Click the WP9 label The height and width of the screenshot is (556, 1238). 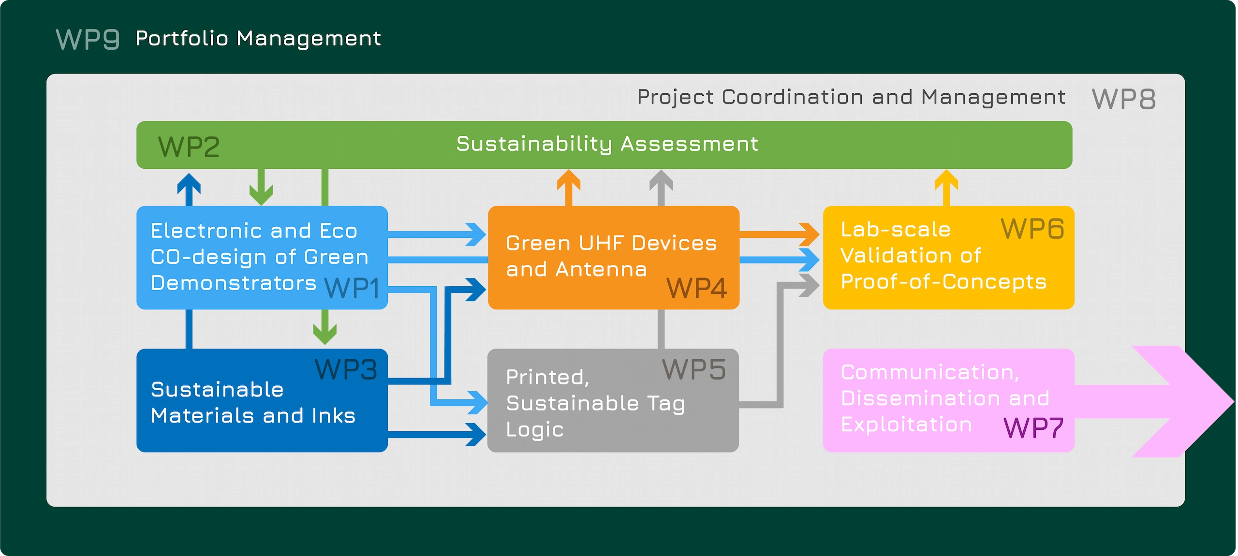coord(88,39)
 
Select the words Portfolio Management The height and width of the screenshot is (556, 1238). coord(258,39)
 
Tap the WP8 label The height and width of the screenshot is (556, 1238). coord(1123,99)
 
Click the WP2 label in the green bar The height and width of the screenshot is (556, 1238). coord(189,147)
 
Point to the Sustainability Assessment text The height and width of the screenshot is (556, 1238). coord(607,144)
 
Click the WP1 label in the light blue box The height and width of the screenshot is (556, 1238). coord(352,289)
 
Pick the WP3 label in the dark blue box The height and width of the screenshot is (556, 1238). coord(345,370)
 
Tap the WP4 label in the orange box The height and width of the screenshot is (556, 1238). coord(696,289)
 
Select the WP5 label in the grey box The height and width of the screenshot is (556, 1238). coord(693,370)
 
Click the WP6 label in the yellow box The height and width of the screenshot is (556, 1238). coord(1032,229)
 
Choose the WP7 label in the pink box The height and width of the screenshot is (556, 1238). coord(1033,428)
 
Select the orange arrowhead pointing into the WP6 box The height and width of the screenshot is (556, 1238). coord(809,234)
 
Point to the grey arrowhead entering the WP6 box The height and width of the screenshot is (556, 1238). coord(809,285)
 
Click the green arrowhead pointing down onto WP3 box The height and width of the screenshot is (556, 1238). coord(325,334)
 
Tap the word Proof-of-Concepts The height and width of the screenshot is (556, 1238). coord(943,282)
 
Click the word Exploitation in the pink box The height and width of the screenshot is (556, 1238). coord(906,424)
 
